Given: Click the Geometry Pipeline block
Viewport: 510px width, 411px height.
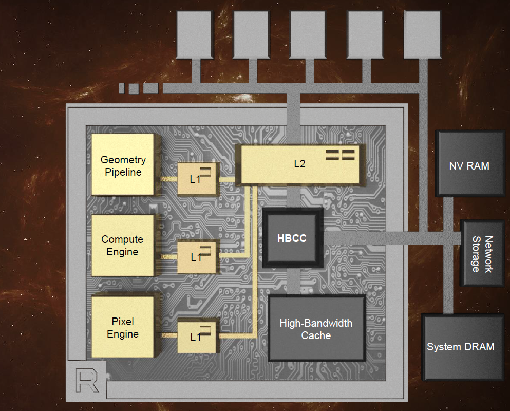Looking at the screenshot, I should pos(123,165).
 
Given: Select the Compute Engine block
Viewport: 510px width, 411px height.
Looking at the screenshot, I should pos(123,245).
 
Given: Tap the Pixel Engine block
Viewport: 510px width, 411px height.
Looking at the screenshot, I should pos(123,327).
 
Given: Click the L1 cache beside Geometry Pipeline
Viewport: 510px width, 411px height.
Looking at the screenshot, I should pos(198,178).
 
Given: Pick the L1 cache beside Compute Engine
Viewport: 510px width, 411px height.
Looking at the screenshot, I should pos(198,257).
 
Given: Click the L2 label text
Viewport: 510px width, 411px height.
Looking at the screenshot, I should pos(299,164).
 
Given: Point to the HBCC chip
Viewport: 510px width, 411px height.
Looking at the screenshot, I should pos(292,238).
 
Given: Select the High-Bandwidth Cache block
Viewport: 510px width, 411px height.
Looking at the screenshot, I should pos(316,329).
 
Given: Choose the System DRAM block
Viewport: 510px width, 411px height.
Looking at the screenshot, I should pos(461,347).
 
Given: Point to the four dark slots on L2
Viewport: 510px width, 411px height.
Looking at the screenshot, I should pos(341,155).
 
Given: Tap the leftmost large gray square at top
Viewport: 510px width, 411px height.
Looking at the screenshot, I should pos(194,34).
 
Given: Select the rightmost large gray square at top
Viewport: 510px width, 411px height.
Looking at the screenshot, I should pos(422,34).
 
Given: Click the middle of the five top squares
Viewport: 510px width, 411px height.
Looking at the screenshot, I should pos(308,34).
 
